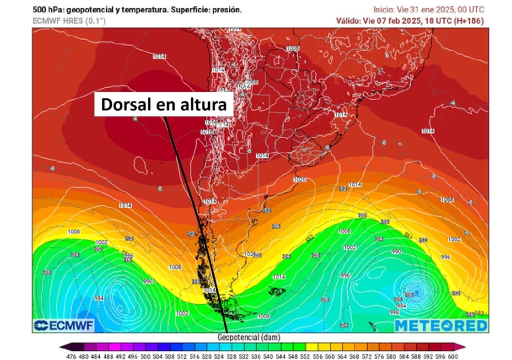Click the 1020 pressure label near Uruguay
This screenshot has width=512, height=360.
[x=300, y=179]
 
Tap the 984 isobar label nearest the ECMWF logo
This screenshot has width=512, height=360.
[x=99, y=298]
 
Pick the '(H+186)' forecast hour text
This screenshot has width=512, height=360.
[x=468, y=20]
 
